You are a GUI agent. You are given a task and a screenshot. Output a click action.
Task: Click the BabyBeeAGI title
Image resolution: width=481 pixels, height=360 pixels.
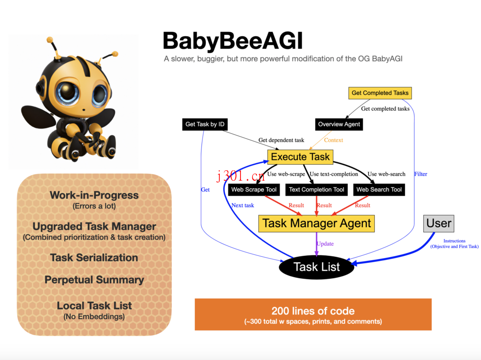coord(233,41)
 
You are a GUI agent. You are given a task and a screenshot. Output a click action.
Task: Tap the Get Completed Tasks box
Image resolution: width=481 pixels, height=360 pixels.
coord(380,92)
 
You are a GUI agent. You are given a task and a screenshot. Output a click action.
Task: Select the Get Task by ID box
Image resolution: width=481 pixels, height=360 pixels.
coord(205,124)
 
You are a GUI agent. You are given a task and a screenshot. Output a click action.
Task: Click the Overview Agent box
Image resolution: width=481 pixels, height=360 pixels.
coord(339,124)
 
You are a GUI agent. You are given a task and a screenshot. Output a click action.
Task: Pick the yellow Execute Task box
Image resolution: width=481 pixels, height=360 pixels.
coord(300,157)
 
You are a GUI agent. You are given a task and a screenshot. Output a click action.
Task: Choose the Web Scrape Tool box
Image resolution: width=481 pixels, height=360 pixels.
coord(254,190)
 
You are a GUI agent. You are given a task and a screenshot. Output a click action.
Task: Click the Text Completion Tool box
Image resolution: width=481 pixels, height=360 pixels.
coord(317,190)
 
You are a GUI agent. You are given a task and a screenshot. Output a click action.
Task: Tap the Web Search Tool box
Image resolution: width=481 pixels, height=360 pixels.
coord(379,190)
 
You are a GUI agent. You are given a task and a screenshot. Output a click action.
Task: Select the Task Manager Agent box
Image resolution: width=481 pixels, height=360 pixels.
coord(317,223)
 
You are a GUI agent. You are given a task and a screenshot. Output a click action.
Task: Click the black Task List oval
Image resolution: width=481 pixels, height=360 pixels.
coord(317,267)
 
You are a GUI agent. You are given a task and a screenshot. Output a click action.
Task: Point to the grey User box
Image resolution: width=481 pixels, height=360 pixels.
coord(439,223)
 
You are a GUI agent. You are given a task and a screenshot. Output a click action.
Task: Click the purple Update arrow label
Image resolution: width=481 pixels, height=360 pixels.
coord(325,244)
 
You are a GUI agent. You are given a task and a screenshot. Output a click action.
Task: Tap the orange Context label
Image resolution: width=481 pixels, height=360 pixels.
coord(334,140)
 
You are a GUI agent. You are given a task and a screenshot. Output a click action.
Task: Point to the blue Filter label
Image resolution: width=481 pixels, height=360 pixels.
coord(420,174)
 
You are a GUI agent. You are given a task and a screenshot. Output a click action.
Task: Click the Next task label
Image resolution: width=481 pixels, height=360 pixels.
coord(242,205)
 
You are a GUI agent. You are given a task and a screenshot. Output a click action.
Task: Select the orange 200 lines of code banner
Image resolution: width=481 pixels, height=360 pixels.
coord(313,314)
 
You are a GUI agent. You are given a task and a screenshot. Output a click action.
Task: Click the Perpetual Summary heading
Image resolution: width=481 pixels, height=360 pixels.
coord(94,280)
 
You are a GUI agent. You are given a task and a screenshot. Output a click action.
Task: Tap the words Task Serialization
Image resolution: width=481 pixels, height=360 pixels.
coord(94,258)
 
